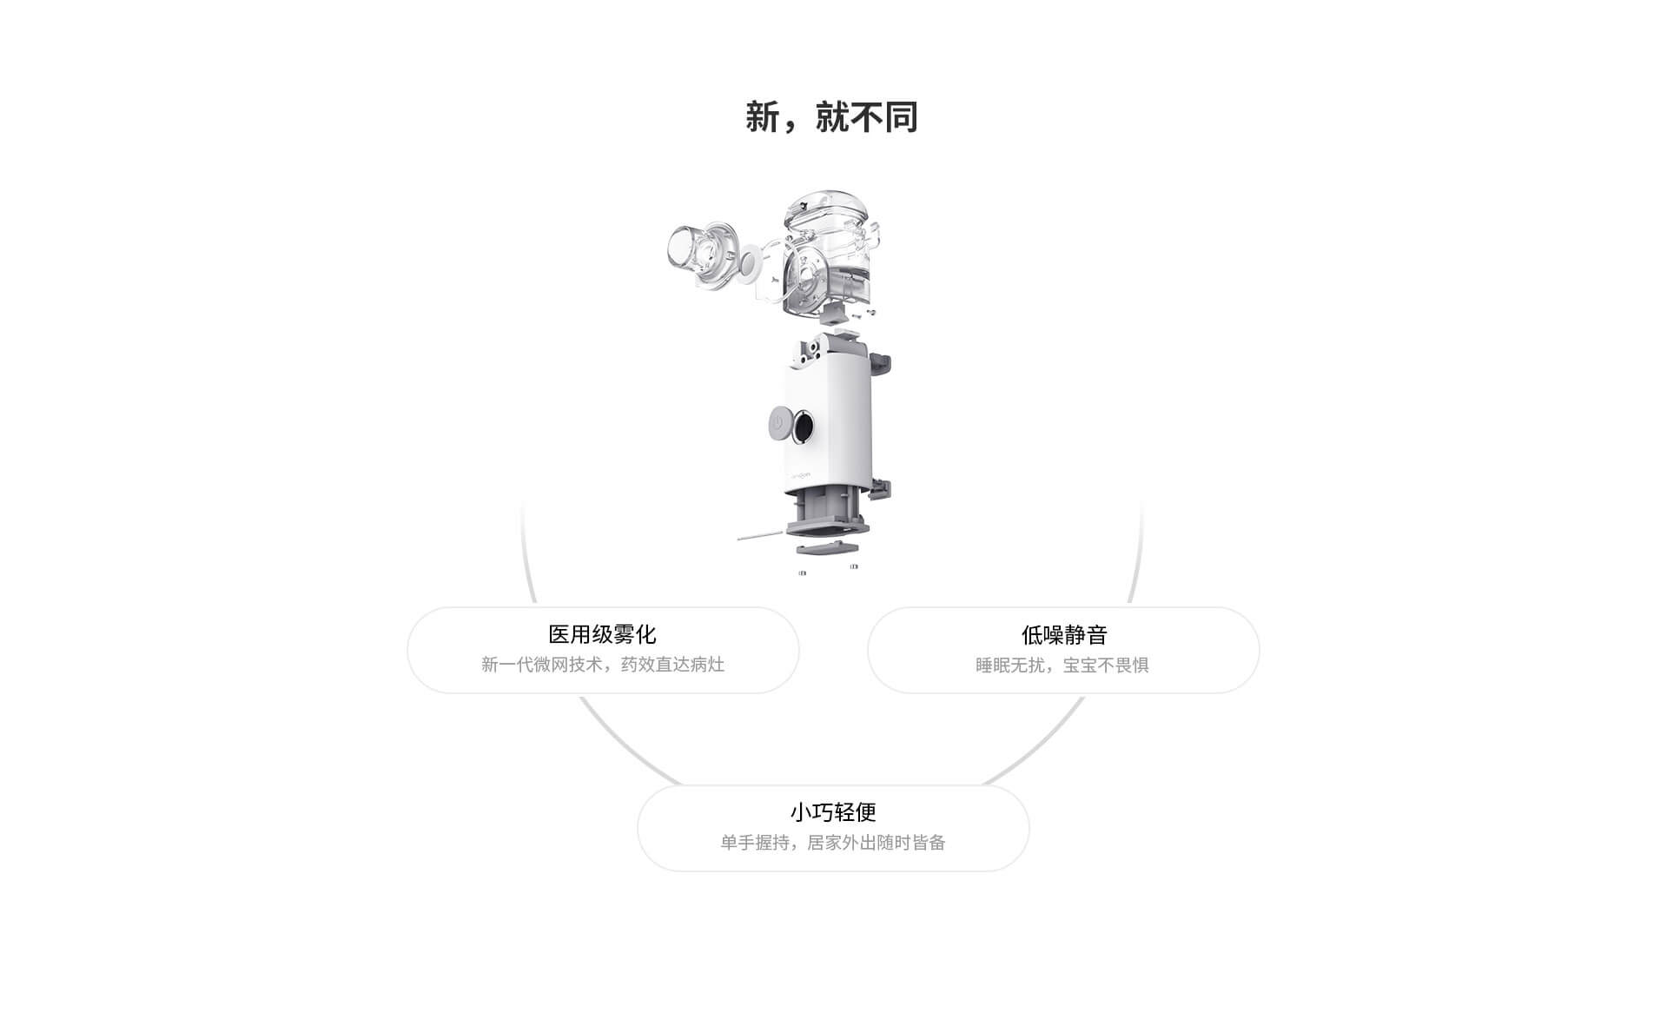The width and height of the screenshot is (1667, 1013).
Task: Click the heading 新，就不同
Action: click(x=831, y=117)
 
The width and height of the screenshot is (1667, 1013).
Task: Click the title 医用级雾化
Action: click(x=602, y=634)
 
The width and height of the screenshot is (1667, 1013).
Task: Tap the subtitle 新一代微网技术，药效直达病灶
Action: click(x=603, y=665)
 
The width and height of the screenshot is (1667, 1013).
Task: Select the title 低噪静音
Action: click(x=1064, y=635)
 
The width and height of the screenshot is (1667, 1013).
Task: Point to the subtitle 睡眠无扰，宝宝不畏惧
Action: click(x=1062, y=665)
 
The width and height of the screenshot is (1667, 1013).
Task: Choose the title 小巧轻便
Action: click(x=833, y=812)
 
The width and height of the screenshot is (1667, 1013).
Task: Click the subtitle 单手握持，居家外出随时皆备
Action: click(x=833, y=843)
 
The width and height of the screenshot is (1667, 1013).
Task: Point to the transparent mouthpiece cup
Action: click(x=695, y=252)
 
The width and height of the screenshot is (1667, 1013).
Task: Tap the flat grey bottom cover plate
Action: click(x=827, y=547)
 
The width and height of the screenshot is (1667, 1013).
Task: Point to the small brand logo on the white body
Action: click(x=799, y=476)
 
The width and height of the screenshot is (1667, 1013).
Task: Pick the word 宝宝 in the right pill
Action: click(x=1080, y=665)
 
